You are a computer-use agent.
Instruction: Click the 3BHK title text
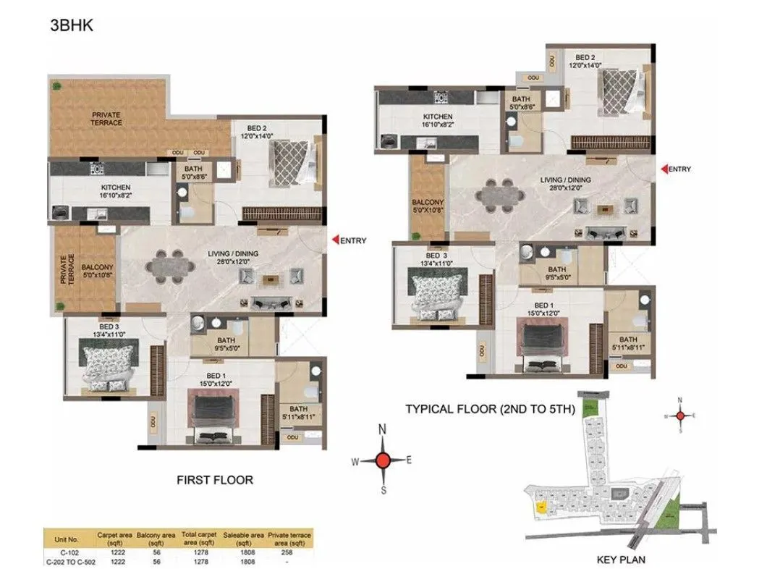(x=70, y=26)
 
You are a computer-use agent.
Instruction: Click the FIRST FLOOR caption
(x=215, y=479)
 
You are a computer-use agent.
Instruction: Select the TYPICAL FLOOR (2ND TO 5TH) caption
(x=490, y=409)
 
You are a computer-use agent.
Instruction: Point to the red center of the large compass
(x=384, y=459)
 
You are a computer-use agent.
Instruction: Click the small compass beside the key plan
(x=679, y=416)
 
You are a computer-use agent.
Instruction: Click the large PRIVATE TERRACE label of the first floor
(x=106, y=119)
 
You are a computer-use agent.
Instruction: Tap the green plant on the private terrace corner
(x=56, y=85)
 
